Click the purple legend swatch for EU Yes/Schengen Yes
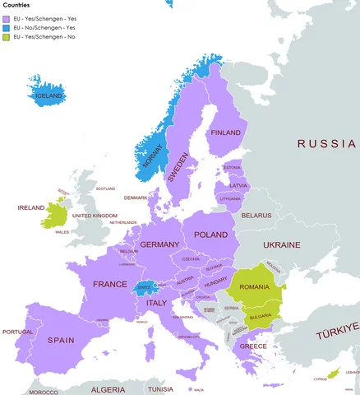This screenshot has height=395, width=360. (7, 18)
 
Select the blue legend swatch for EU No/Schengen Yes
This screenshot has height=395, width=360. (7, 28)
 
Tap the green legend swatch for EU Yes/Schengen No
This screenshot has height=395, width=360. (7, 38)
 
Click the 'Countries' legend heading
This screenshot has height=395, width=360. (18, 5)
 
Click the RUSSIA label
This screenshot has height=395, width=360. (326, 143)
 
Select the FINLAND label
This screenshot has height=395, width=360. (225, 132)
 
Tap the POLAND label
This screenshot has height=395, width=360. (210, 235)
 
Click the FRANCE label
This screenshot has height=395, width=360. (109, 284)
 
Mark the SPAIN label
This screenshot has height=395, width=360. (61, 340)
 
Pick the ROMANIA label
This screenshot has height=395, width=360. (255, 287)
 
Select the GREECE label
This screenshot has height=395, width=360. (253, 346)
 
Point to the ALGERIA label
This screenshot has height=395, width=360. (107, 388)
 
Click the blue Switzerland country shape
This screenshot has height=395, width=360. (145, 287)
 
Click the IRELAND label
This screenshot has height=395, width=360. (31, 208)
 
